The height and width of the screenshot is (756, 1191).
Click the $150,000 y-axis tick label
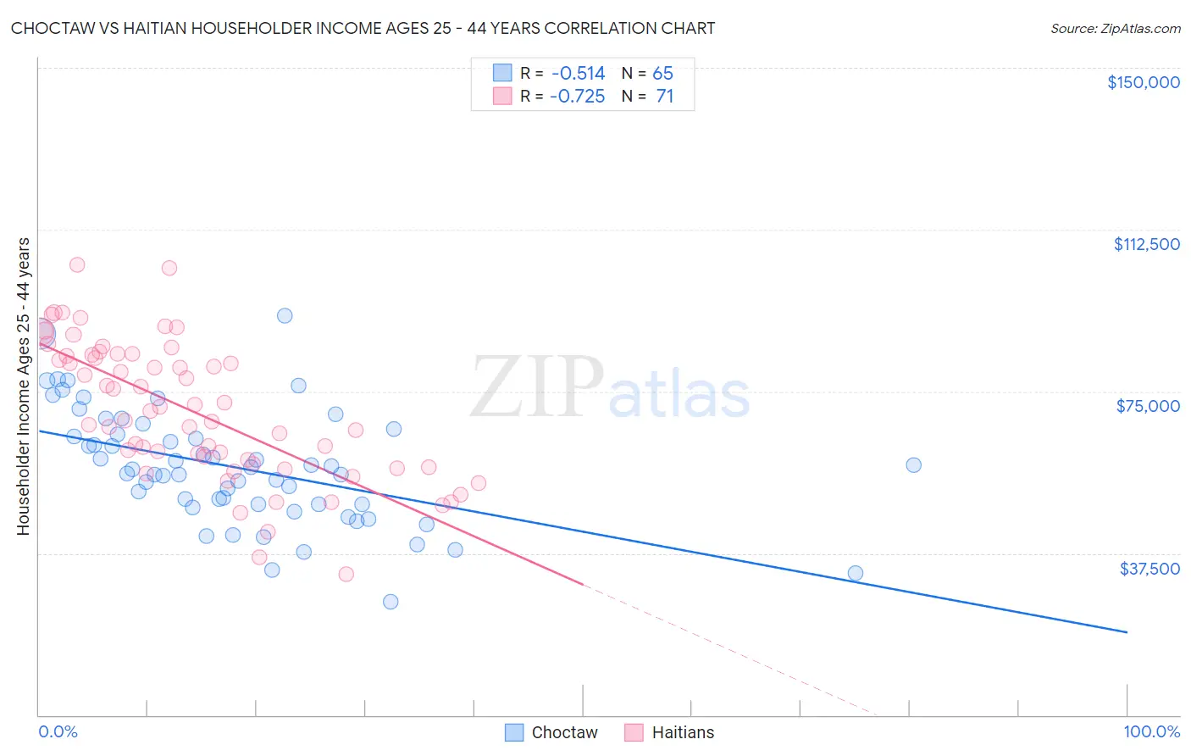[1143, 82]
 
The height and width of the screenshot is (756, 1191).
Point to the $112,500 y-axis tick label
[1146, 244]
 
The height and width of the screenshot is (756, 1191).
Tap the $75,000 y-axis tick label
[1148, 406]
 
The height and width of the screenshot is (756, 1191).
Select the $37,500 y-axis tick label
[1149, 569]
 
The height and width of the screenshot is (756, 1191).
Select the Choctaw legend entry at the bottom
[551, 732]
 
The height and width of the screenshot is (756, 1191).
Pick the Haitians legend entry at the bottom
[669, 732]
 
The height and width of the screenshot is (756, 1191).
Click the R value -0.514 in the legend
[577, 74]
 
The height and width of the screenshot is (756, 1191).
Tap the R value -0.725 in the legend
[577, 97]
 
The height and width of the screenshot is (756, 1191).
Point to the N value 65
[662, 74]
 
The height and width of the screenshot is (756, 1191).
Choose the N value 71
[664, 97]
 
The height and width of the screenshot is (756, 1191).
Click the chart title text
[363, 28]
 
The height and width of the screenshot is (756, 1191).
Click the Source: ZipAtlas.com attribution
[1115, 28]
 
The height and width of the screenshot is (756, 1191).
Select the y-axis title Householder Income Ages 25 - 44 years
[23, 386]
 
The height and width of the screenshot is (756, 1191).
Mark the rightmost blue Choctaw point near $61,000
[913, 464]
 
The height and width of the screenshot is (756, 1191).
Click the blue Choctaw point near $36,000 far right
[856, 573]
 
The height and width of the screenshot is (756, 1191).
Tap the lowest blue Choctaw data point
[391, 602]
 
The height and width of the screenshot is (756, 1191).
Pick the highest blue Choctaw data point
[285, 315]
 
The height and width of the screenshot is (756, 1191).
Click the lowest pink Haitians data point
[346, 574]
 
